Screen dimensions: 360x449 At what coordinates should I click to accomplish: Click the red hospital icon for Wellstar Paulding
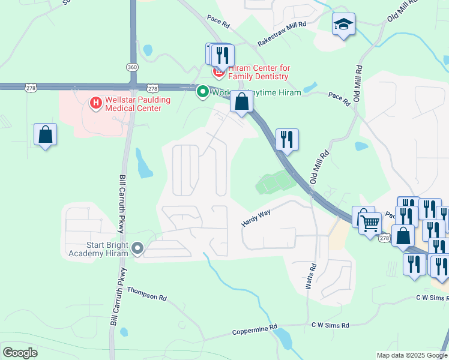click(x=95, y=104)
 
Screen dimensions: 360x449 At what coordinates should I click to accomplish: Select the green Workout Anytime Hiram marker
click(x=203, y=92)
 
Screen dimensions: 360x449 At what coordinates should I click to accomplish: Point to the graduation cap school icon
click(x=343, y=25)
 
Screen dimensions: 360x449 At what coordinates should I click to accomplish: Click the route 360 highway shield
click(x=132, y=66)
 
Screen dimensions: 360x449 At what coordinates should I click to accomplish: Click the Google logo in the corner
click(x=20, y=353)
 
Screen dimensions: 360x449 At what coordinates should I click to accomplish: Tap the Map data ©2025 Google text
click(x=411, y=355)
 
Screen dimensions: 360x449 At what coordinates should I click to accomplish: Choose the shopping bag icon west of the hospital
click(x=45, y=134)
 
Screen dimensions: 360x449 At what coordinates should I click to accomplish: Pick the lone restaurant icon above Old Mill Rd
click(x=287, y=139)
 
